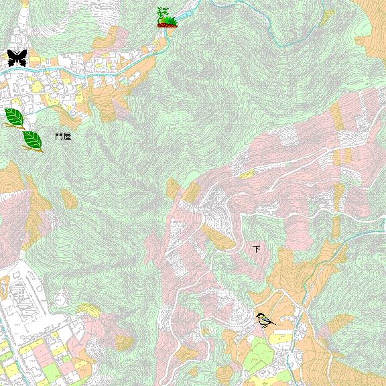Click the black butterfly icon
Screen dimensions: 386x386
pos(17,58)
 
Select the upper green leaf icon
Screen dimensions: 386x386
pos(14,117)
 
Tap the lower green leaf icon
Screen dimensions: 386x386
pos(31,140)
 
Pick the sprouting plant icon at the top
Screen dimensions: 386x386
pos(167,18)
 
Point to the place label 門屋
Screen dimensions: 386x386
pos(63,137)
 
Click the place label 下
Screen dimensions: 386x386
pos(256,249)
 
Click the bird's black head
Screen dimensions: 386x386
pos(259,316)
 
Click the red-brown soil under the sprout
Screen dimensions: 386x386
pos(167,25)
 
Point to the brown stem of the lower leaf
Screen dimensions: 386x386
pos(39,149)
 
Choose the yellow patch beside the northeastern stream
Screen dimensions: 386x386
pos(328,17)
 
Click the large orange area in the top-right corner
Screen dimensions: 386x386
pos(373,27)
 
